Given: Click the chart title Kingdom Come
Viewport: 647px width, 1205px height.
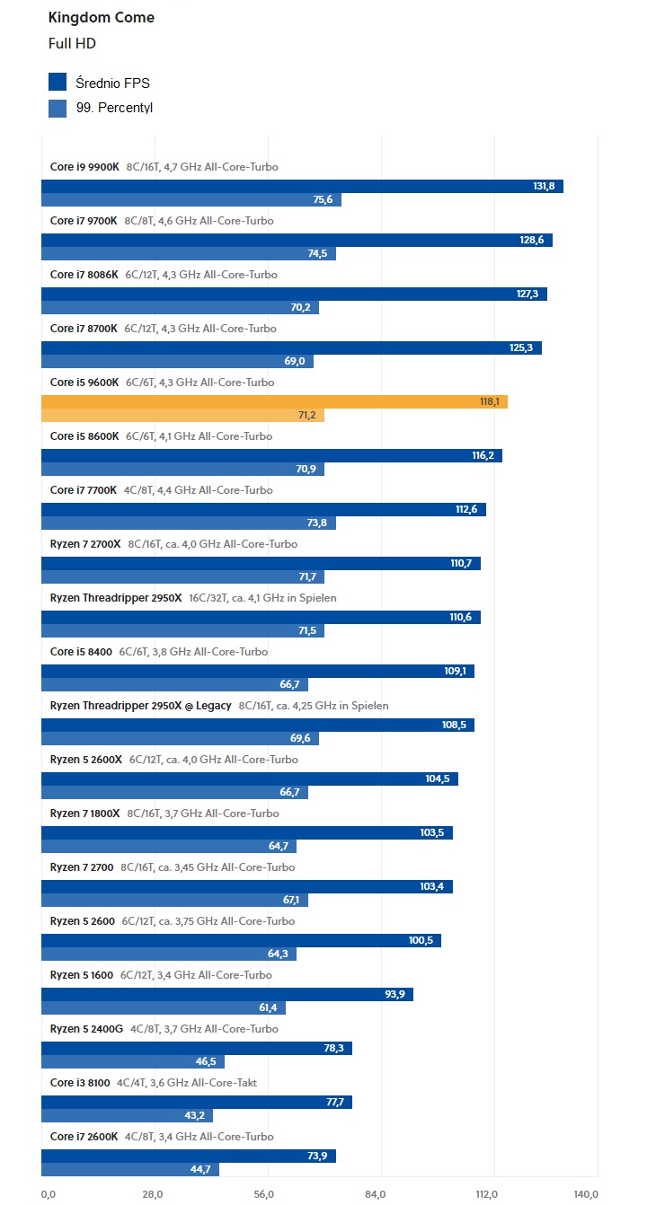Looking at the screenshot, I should tap(101, 17).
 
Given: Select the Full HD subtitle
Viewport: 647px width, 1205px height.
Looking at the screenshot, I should tap(72, 43).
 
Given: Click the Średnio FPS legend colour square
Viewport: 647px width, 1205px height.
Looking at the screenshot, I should tap(58, 83).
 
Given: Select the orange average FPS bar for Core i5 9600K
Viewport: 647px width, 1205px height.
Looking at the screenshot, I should tap(274, 401).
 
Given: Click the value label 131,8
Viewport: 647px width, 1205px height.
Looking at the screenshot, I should tap(544, 186).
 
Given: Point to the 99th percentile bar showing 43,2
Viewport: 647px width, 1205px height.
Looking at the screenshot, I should tap(127, 1115).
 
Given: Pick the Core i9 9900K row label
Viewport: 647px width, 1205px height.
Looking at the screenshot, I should tap(84, 167).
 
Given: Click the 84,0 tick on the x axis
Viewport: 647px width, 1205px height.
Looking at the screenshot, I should tap(376, 1193).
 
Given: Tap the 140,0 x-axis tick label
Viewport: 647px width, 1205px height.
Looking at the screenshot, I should tap(586, 1193).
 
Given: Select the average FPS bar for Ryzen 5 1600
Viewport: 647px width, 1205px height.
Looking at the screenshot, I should tap(226, 994).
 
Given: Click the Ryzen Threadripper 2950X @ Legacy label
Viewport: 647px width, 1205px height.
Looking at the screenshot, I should tap(140, 706).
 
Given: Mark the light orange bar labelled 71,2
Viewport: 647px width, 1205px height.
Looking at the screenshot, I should tap(182, 415).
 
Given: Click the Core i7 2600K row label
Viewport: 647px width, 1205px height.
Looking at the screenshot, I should tap(84, 1137).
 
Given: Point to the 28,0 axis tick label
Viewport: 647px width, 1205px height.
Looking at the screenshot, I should tap(152, 1193).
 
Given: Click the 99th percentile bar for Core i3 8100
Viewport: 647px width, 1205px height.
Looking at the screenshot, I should tap(127, 1115).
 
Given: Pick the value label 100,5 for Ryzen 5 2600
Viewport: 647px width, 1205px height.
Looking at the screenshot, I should tap(421, 940).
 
